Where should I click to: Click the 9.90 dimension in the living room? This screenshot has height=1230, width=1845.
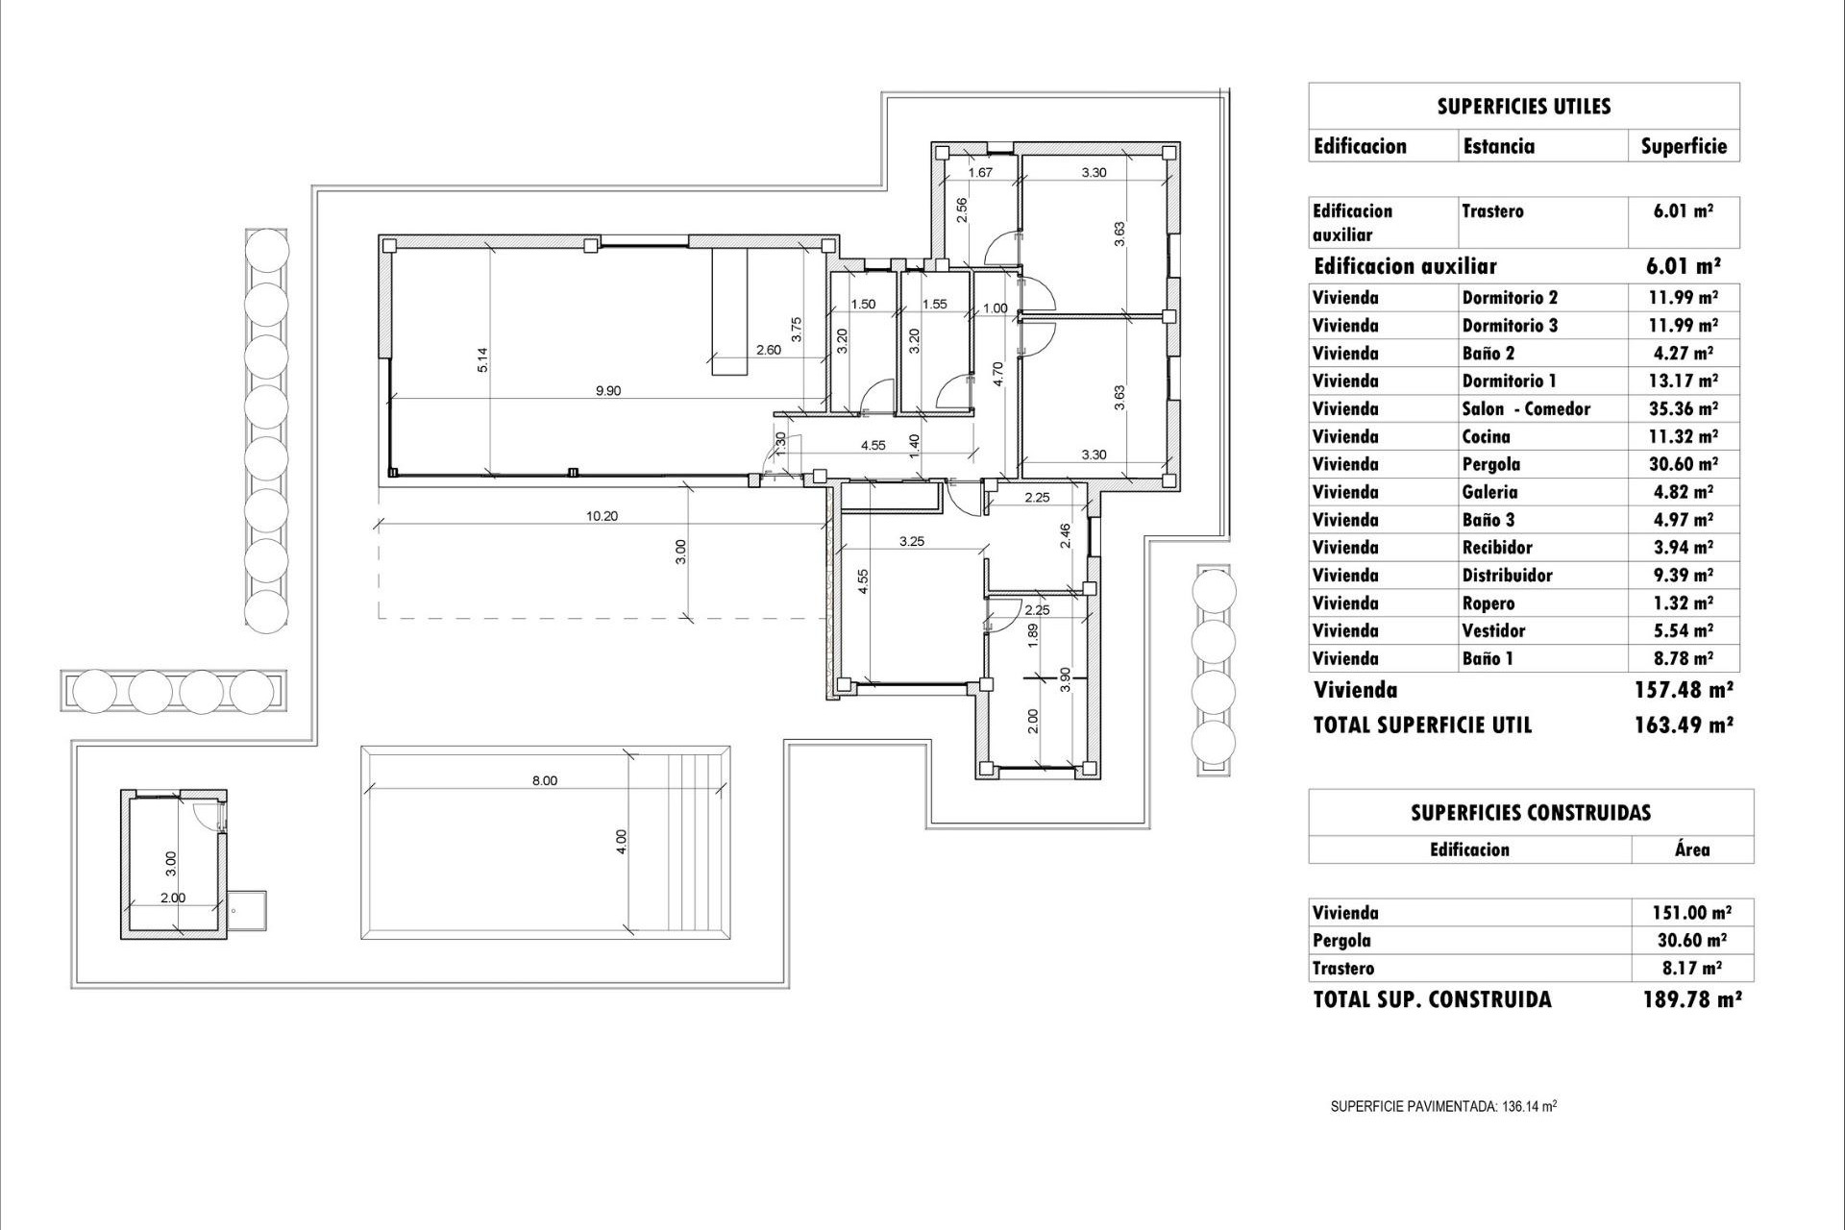click(x=608, y=391)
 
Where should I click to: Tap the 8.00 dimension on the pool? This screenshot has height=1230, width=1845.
click(x=545, y=780)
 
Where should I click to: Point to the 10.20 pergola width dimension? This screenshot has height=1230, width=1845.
click(x=602, y=516)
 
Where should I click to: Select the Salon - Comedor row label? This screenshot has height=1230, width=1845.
click(x=1526, y=409)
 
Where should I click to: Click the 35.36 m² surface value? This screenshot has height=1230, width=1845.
click(x=1684, y=409)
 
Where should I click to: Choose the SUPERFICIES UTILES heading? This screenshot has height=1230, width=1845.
click(x=1524, y=107)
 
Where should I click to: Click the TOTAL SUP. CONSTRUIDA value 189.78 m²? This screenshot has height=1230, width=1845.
click(x=1692, y=999)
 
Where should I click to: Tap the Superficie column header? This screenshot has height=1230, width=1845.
click(x=1684, y=147)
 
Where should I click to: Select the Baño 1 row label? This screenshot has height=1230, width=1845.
click(x=1488, y=659)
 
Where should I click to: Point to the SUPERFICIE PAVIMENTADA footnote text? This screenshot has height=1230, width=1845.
click(x=1443, y=1106)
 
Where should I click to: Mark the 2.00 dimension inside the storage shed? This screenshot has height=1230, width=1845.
click(x=173, y=898)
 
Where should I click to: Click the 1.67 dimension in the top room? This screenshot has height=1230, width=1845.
click(x=980, y=173)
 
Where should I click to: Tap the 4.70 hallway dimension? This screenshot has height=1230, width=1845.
click(x=998, y=374)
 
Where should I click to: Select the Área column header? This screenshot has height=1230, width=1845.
click(x=1692, y=849)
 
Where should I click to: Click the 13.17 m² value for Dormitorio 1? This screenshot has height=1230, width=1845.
click(x=1684, y=381)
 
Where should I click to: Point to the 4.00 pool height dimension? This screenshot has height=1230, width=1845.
click(x=622, y=842)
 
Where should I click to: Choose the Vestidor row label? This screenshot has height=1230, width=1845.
click(x=1493, y=631)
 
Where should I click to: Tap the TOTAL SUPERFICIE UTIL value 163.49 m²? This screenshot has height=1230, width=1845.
click(x=1684, y=726)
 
